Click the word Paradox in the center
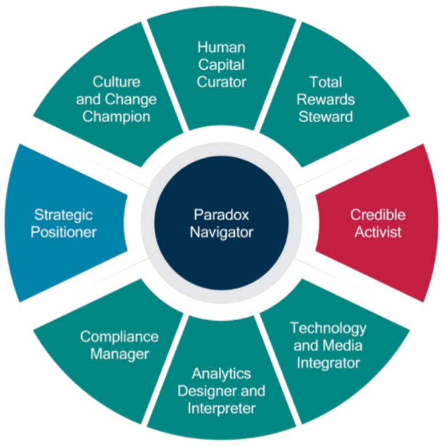[x=222, y=216]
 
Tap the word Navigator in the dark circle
[x=222, y=233]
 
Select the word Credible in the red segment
[x=378, y=216]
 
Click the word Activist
[x=378, y=233]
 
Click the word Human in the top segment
[x=222, y=47]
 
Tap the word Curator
[x=222, y=81]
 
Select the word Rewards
[x=332, y=99]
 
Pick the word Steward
[x=332, y=116]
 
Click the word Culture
[x=117, y=82]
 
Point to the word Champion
[x=117, y=116]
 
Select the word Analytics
[x=221, y=374]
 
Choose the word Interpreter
[x=221, y=408]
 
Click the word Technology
[x=328, y=328]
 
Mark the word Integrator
[x=328, y=363]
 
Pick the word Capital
[x=222, y=64]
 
